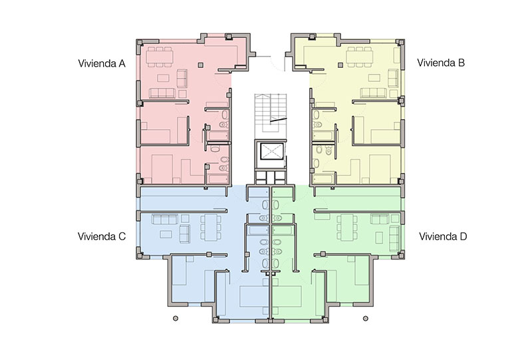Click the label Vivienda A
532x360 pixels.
[x=102, y=63]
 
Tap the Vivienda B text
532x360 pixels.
[x=441, y=63]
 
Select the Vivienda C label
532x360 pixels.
[x=102, y=236]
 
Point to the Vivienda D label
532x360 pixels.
[x=443, y=236]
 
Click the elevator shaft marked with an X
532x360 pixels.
[x=271, y=151]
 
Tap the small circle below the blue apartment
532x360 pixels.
[x=176, y=318]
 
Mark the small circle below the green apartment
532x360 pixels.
[x=365, y=318]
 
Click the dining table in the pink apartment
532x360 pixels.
[x=160, y=57]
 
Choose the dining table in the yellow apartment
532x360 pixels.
[x=360, y=57]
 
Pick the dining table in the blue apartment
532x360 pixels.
[x=210, y=227]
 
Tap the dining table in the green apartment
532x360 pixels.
[x=347, y=227]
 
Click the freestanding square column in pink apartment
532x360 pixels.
[x=201, y=65]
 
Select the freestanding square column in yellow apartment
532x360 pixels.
[x=340, y=65]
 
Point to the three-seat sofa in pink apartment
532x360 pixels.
[x=162, y=93]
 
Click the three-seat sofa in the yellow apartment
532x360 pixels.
[x=373, y=93]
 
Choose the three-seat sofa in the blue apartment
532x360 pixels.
[x=165, y=220]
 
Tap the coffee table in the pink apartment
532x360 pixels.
[x=163, y=79]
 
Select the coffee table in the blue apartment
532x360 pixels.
[x=166, y=234]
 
